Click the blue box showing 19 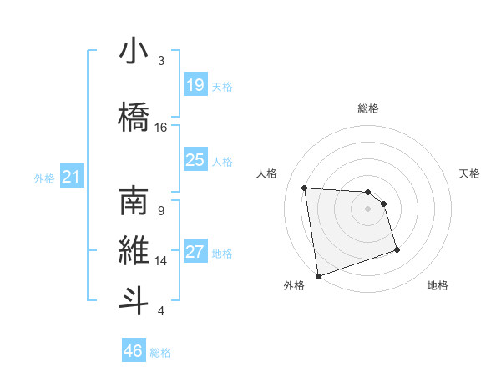tap(195, 85)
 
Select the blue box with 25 tap(195, 160)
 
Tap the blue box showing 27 tap(195, 252)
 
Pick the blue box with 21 tap(72, 177)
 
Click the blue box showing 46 tap(134, 351)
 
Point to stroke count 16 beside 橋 tap(161, 127)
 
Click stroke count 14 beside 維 tap(161, 260)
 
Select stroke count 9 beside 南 tap(161, 210)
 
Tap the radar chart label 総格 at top tap(368, 108)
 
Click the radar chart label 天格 tap(470, 173)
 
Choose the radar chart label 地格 tap(438, 285)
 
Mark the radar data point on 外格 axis tap(318, 275)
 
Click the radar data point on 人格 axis tap(305, 188)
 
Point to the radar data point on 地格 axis tap(397, 249)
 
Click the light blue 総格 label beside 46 tap(160, 353)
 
